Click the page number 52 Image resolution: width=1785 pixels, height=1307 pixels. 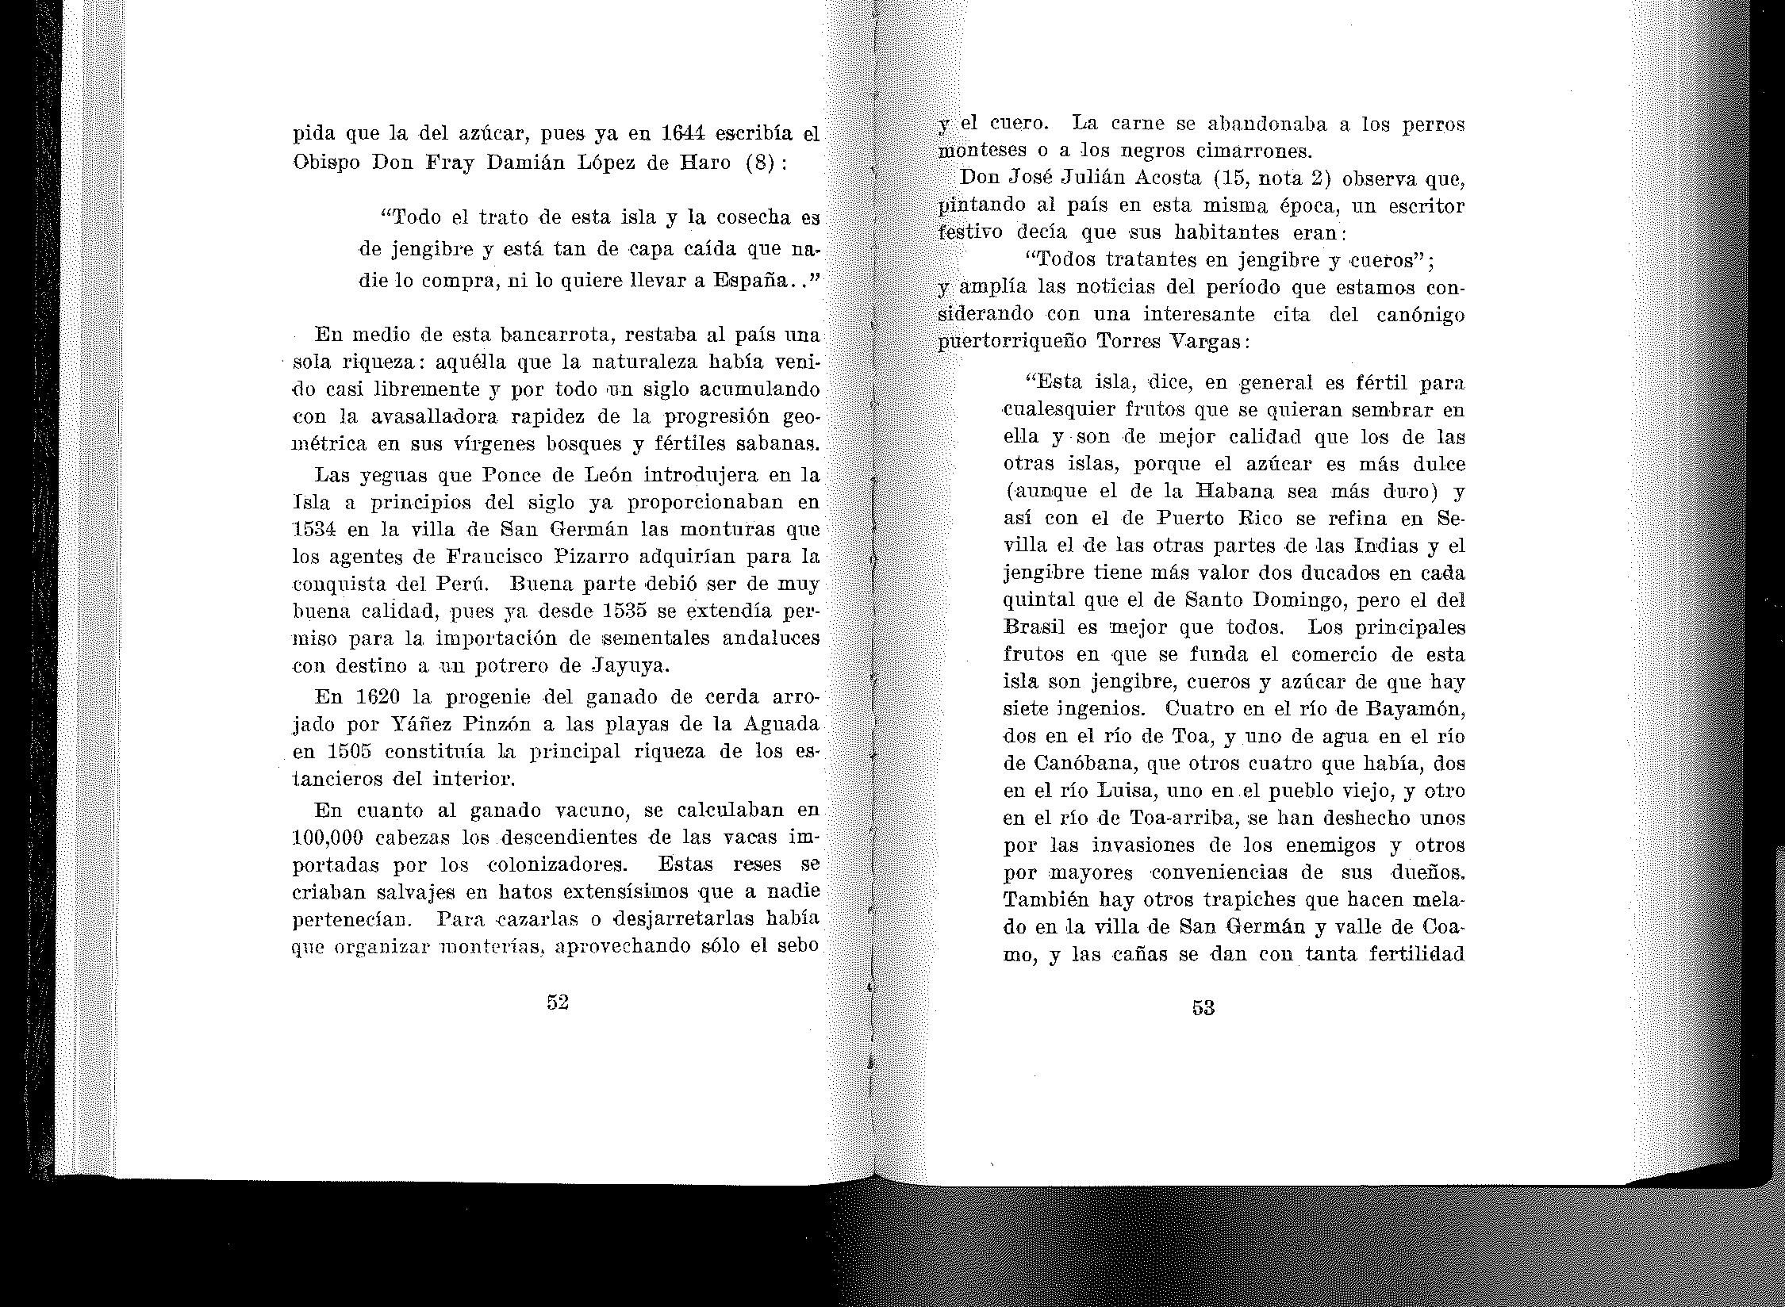pos(558,1002)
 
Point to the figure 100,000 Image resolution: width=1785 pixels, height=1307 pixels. pos(328,837)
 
